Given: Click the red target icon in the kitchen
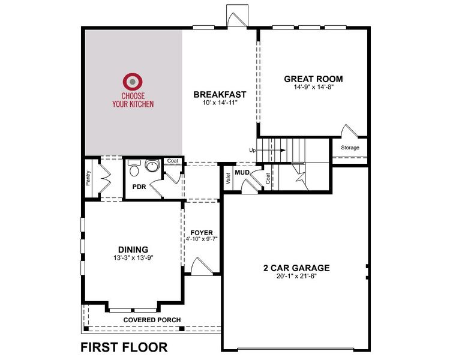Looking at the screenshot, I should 132,82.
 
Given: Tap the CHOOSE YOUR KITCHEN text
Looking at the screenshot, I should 132,100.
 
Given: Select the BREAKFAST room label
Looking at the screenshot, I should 220,94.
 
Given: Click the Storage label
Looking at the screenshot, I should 350,148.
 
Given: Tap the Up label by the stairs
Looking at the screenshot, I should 253,150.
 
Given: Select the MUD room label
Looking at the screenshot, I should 242,173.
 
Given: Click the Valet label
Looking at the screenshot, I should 229,178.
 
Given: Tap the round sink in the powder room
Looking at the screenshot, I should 151,167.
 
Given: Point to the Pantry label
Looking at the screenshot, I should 88,178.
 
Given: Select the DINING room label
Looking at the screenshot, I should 132,250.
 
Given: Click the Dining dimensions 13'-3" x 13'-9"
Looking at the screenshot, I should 132,259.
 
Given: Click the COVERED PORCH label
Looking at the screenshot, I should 152,320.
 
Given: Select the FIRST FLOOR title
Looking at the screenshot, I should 124,347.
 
